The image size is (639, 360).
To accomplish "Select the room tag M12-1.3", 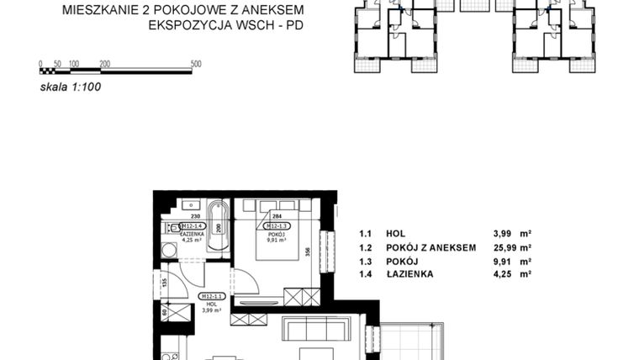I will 277,225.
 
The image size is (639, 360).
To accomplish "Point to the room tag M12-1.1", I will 210,297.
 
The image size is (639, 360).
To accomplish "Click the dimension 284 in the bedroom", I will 277,216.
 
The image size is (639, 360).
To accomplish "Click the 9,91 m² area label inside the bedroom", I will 277,239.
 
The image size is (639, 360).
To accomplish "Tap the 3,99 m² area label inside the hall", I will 211,310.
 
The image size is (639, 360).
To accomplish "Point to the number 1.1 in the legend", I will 365,234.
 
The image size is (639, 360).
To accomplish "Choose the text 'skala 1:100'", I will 71,85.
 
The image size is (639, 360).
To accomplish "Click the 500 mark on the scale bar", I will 196,64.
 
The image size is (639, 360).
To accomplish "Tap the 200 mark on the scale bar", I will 104,64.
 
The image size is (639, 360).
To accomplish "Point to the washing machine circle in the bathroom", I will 168,249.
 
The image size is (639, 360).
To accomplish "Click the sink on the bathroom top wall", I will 189,204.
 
